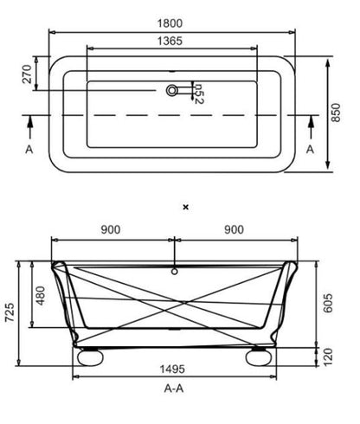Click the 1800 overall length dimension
pyautogui.click(x=170, y=23)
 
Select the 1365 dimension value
pyautogui.click(x=170, y=41)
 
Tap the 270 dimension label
pyautogui.click(x=27, y=74)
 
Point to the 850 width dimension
pyautogui.click(x=336, y=112)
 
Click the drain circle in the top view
pyautogui.click(x=172, y=90)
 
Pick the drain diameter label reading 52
pyautogui.click(x=199, y=93)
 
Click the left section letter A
pyautogui.click(x=29, y=150)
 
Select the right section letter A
pyautogui.click(x=310, y=150)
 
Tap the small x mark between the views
pyautogui.click(x=186, y=207)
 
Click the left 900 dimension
pyautogui.click(x=111, y=229)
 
